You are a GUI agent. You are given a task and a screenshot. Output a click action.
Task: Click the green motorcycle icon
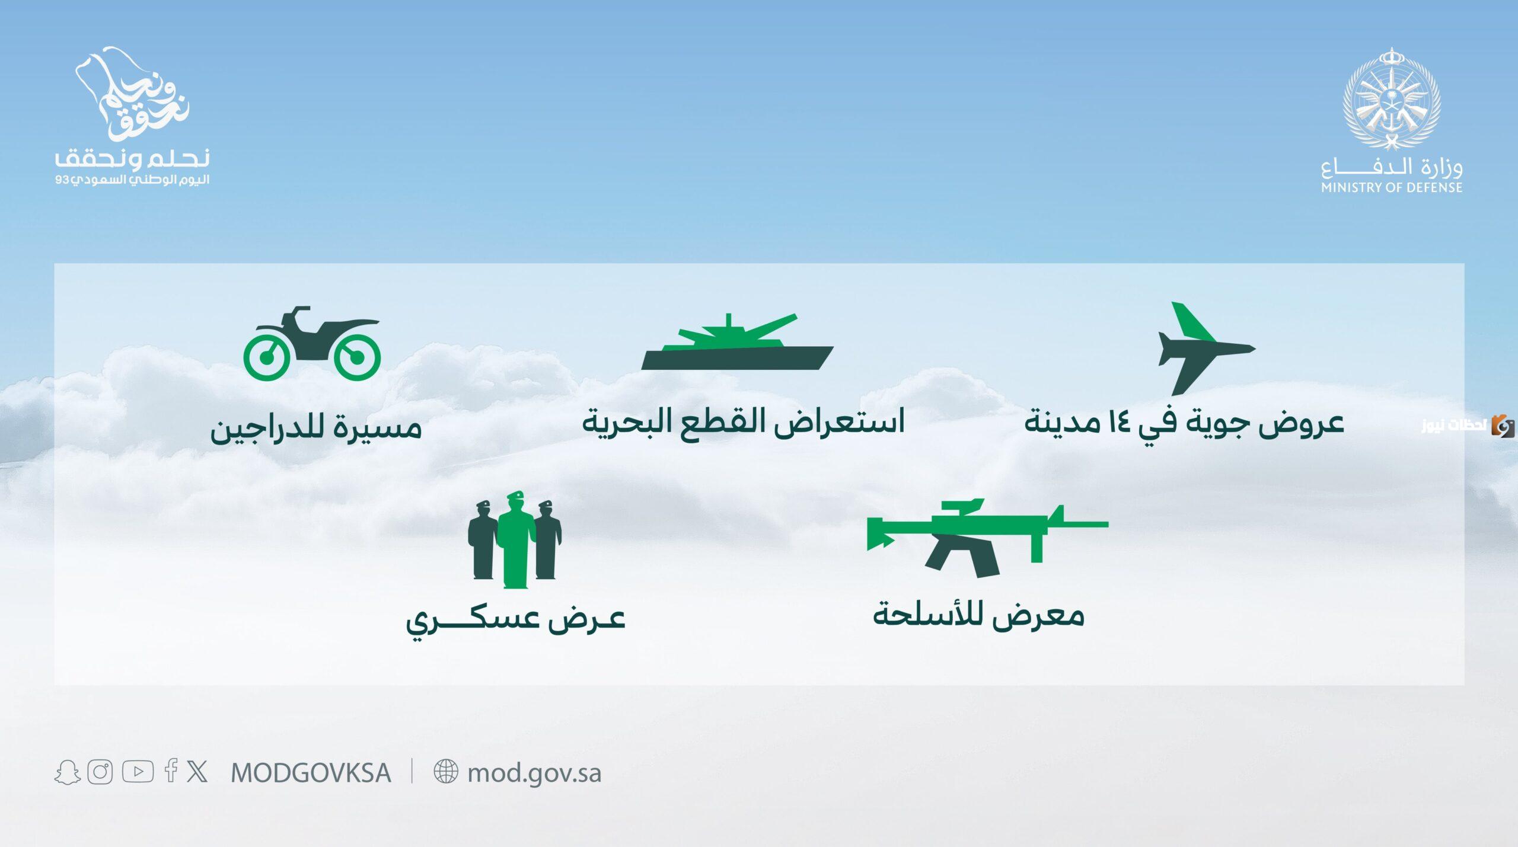[x=312, y=344]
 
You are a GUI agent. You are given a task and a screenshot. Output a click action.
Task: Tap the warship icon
[x=737, y=342]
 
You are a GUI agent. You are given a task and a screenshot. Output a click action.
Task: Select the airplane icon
[x=1206, y=349]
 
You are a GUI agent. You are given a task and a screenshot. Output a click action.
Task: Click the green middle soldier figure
[x=516, y=540]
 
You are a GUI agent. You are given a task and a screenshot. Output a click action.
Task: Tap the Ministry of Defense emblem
[x=1392, y=98]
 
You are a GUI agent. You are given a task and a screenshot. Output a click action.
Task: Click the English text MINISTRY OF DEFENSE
[x=1392, y=188]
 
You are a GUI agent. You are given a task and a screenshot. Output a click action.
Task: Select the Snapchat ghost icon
[x=68, y=772]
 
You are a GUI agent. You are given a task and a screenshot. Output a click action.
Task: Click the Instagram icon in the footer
[x=100, y=772]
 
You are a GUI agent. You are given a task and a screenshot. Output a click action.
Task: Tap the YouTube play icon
[x=138, y=772]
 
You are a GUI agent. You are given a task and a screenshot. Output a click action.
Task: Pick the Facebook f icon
[x=171, y=771]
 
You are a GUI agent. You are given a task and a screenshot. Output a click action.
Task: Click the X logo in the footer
[x=197, y=772]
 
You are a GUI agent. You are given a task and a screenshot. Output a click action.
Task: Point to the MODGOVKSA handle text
[x=311, y=773]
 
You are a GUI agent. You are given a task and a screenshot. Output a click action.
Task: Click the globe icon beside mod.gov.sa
[x=446, y=772]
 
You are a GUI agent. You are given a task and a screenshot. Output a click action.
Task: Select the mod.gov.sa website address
[x=534, y=774]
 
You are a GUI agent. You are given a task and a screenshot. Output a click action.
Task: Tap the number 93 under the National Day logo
[x=62, y=180]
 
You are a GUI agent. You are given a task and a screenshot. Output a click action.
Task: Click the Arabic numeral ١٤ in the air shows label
[x=1120, y=423]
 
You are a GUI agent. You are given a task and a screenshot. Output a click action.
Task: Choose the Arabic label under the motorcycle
[x=316, y=427]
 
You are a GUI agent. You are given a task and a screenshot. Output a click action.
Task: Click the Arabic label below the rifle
[x=978, y=614]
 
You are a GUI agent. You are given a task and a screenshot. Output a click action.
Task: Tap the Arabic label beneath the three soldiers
[x=516, y=621]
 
